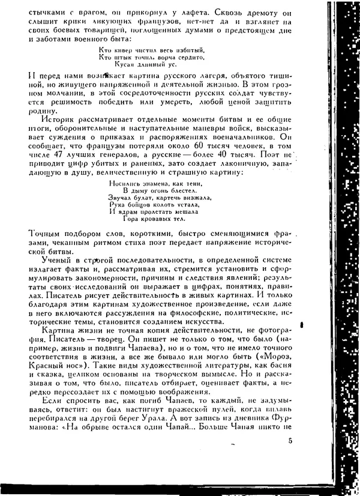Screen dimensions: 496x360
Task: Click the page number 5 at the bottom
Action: pyautogui.click(x=290, y=442)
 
